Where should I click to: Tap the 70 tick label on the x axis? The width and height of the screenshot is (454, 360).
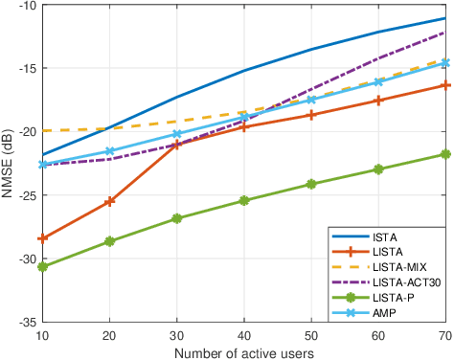point(444,334)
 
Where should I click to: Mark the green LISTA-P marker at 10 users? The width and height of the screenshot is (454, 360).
point(42,267)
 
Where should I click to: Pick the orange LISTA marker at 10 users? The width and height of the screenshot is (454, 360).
point(42,238)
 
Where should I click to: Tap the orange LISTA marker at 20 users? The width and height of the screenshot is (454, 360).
point(109,201)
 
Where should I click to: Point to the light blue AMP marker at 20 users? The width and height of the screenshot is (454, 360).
point(109,151)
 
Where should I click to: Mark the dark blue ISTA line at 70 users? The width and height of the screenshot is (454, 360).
point(444,18)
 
